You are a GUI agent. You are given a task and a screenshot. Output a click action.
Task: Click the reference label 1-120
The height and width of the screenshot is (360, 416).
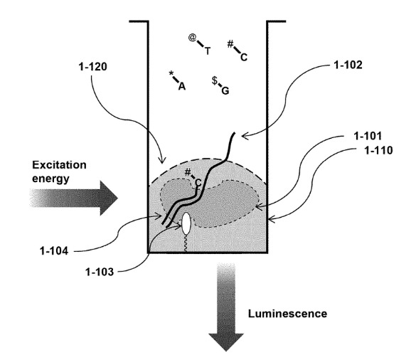(93, 67)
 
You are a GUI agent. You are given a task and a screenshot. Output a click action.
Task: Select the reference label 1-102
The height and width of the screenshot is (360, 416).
(348, 65)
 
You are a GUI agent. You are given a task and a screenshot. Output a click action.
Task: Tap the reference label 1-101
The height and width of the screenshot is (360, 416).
(368, 136)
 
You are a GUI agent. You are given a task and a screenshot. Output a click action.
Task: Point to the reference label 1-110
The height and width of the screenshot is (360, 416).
(378, 151)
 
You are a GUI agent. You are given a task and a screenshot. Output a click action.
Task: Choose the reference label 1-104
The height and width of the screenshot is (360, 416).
(54, 250)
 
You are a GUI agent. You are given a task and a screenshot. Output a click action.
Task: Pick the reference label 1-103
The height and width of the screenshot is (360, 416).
(100, 272)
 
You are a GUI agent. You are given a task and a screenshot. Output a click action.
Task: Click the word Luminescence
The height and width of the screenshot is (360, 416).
(287, 314)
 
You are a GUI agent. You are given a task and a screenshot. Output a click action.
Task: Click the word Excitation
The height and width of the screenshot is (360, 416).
(59, 165)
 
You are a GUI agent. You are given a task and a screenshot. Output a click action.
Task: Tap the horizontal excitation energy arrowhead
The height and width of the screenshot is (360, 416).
(109, 198)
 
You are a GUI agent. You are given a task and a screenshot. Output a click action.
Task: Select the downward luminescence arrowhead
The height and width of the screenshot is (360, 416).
(226, 342)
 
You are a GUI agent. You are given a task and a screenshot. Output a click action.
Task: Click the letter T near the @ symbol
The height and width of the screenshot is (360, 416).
(208, 51)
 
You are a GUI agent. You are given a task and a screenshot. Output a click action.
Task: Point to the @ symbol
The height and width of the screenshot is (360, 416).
(193, 38)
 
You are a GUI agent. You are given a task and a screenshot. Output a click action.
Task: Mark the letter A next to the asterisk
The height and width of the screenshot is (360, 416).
(182, 86)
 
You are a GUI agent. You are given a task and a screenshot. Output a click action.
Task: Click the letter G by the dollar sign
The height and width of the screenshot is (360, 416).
(225, 91)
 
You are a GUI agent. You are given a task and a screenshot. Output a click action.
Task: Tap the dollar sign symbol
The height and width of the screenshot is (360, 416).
(214, 80)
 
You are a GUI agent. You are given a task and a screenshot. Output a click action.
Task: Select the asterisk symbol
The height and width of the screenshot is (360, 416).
(171, 73)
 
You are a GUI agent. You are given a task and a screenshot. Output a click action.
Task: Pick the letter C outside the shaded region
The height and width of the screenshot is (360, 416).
(244, 57)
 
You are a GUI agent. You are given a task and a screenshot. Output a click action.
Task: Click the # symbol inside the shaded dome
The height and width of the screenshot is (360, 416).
(188, 173)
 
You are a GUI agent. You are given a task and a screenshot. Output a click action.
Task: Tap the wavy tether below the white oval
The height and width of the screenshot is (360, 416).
(186, 243)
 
